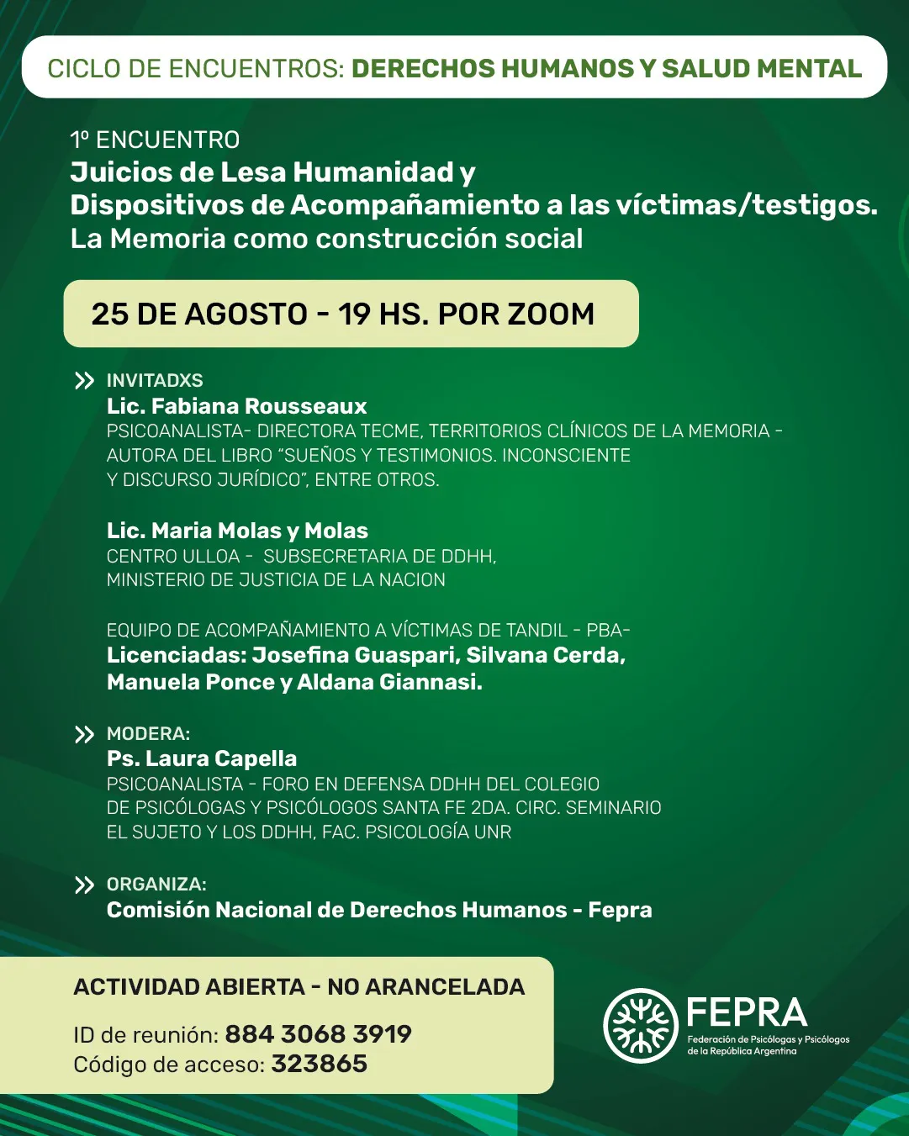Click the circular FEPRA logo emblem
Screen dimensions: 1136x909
click(640, 1025)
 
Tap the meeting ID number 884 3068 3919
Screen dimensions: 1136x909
click(318, 1033)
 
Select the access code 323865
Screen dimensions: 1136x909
click(319, 1064)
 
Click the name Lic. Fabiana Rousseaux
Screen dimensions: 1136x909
click(236, 406)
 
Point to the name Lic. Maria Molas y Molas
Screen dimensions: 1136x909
click(237, 531)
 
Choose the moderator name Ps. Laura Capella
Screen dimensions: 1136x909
click(202, 758)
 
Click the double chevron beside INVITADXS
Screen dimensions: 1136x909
click(84, 381)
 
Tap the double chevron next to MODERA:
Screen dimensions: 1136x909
click(84, 735)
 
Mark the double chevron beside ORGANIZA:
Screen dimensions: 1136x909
click(84, 885)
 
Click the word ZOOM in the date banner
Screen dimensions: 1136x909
click(550, 314)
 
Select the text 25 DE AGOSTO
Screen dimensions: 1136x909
click(199, 314)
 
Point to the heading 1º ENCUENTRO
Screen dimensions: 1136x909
click(155, 140)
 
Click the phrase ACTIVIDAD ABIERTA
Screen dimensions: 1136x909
click(189, 986)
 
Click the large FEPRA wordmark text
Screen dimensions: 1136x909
click(746, 1012)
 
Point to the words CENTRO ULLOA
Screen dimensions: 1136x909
click(173, 556)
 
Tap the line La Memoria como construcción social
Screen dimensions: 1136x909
click(326, 239)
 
